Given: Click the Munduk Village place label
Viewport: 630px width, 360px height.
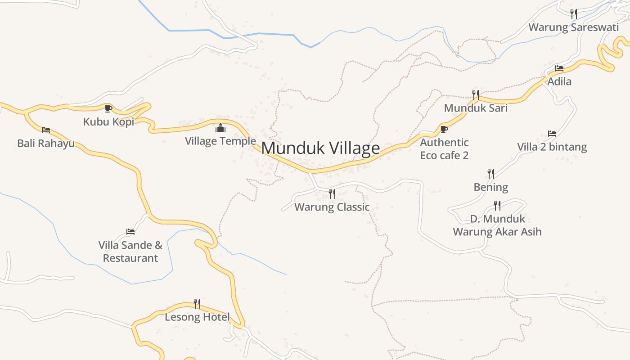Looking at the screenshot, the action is coord(320,148).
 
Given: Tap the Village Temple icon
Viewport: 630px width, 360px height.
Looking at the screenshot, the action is coord(220,128).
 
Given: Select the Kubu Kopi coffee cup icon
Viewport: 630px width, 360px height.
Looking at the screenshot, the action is coord(108,108).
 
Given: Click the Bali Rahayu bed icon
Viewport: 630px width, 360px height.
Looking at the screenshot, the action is coord(46,130).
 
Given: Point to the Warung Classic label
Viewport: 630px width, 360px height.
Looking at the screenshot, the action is coord(332,207).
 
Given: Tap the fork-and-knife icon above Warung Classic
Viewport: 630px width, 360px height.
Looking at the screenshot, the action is coord(332,194).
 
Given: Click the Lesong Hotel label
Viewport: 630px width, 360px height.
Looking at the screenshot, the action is coord(197,317).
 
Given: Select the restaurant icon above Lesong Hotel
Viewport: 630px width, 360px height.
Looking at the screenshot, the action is coord(197,304).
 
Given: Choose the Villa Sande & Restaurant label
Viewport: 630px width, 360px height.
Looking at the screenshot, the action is coord(130,252).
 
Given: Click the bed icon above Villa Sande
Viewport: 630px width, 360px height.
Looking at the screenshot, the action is coord(130,232).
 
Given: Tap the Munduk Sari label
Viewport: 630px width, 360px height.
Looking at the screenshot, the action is coord(476,108).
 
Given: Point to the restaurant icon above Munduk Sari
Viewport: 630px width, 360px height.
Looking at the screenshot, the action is coord(476,94).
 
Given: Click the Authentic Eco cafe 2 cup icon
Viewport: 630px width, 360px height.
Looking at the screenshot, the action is coord(444,130).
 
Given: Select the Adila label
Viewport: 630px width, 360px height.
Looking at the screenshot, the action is coord(559,81).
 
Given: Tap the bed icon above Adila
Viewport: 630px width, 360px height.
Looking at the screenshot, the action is coord(559,68).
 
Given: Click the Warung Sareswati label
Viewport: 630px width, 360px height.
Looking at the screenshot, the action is coord(573,27).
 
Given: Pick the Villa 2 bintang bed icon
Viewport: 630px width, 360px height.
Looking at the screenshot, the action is coord(552,134).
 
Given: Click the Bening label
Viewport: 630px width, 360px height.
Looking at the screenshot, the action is coord(490,187).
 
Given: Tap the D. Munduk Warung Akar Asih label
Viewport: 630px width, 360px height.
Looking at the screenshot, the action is coord(497,225).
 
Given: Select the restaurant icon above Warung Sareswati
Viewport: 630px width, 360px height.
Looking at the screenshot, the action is coord(573,14).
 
